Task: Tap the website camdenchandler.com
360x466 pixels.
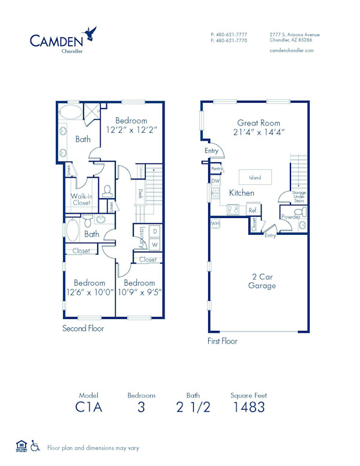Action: point(292,51)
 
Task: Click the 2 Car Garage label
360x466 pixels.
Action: point(262,282)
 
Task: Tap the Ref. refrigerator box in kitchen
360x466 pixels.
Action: point(253,210)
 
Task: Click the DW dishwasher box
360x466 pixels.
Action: point(215,181)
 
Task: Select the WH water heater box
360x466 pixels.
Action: point(215,223)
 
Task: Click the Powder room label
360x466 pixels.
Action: point(290,217)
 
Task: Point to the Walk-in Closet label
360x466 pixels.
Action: point(81,199)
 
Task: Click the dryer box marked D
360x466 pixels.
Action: point(154,231)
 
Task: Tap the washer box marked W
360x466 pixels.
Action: point(154,245)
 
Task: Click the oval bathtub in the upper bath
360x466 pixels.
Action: point(71,112)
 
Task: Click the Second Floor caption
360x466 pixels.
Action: point(83,328)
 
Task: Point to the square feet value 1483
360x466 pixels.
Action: point(248,407)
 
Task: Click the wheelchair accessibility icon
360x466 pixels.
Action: point(35,447)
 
